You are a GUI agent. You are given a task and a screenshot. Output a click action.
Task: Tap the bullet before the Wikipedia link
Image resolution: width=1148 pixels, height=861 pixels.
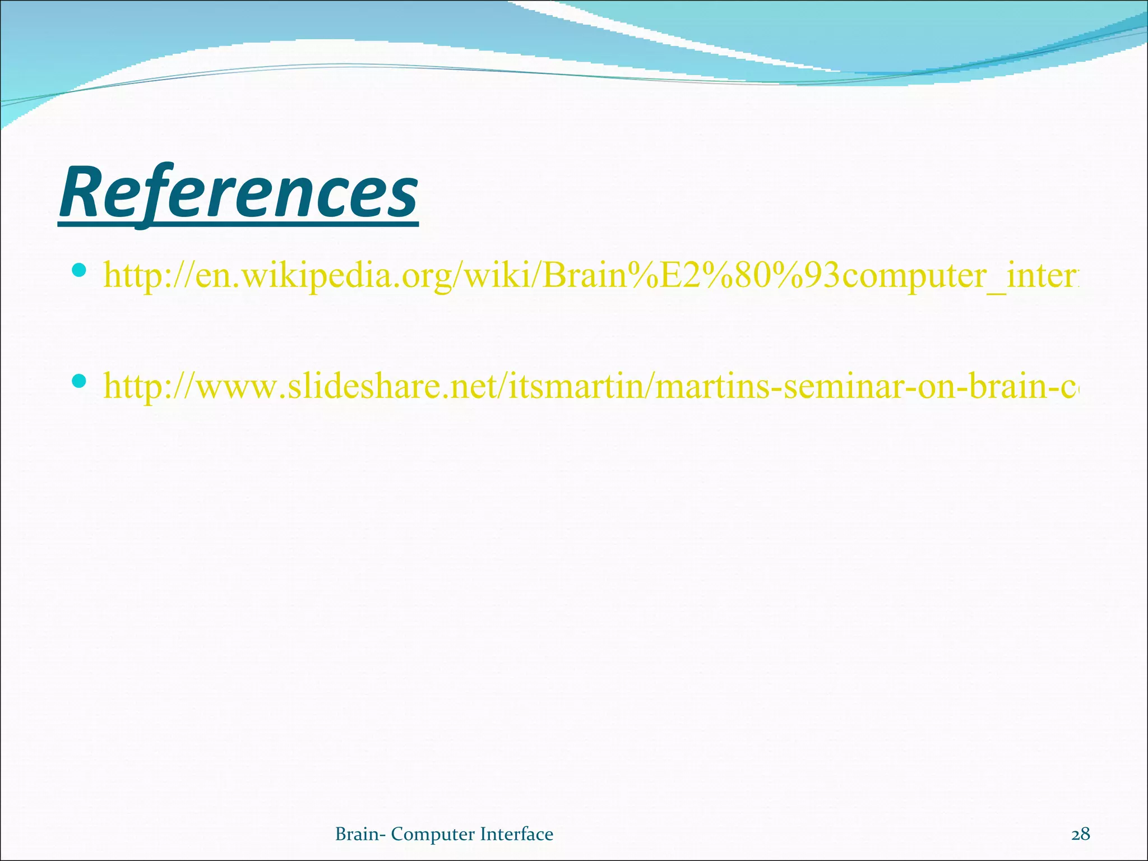point(79,271)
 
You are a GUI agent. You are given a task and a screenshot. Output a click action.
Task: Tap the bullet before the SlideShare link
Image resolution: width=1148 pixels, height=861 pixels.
point(79,381)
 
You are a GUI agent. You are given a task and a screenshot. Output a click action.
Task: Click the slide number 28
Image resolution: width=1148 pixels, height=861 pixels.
point(1081,834)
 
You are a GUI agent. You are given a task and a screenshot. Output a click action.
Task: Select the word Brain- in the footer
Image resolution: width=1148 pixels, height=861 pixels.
point(360,834)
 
